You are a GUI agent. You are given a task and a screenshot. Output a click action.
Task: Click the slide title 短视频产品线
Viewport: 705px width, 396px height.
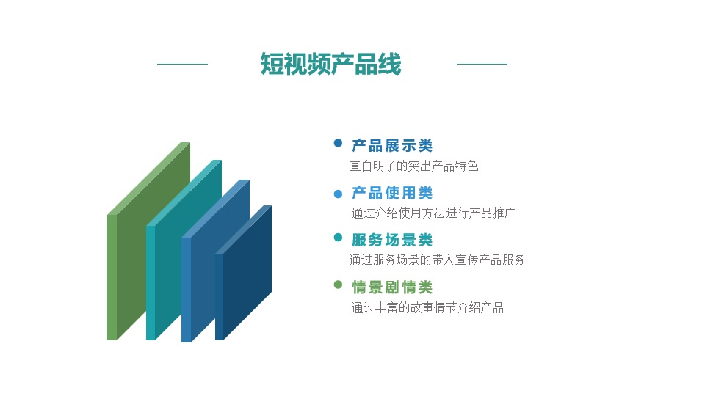point(330,64)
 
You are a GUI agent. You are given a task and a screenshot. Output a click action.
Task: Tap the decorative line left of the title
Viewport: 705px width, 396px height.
point(182,64)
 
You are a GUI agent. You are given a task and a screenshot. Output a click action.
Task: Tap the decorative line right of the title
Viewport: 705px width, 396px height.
point(482,64)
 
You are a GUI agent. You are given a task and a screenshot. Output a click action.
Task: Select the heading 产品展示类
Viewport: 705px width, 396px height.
point(392,145)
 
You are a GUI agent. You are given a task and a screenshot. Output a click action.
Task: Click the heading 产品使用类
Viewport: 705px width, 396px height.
point(392,193)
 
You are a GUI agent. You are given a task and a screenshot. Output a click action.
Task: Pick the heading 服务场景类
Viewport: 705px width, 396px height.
point(392,240)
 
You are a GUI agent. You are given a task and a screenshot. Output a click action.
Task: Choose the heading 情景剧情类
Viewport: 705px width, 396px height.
point(392,287)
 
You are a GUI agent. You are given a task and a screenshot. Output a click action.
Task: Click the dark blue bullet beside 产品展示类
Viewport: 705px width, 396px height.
point(338,143)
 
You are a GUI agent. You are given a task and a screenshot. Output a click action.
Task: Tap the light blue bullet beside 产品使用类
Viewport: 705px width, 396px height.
point(338,194)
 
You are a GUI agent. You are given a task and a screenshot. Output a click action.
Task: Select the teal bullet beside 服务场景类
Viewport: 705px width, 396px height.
point(338,238)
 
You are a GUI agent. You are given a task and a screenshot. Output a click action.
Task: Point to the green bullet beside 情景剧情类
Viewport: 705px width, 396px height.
point(338,285)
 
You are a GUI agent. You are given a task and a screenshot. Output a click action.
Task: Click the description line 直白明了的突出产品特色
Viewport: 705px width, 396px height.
point(413,166)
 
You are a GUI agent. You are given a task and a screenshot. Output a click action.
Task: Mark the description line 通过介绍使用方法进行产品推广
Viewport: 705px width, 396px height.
point(433,213)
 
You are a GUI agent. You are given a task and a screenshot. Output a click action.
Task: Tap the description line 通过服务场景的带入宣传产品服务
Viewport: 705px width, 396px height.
point(437,260)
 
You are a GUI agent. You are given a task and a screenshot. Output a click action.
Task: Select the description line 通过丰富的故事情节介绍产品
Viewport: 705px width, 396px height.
point(427,307)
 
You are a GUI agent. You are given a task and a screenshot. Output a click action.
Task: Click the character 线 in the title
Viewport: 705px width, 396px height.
point(389,64)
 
